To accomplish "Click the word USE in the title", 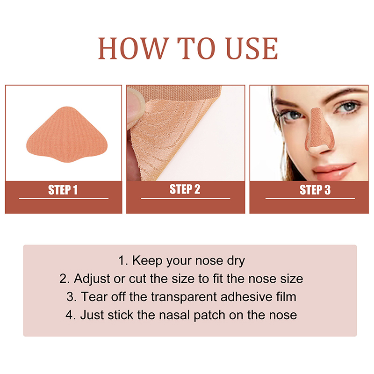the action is [252, 49].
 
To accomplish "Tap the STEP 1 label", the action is [63, 190].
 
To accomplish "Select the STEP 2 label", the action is [185, 189].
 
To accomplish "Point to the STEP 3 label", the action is [315, 190].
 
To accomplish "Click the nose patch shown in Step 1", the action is [67, 135].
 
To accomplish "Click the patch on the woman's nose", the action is [319, 130].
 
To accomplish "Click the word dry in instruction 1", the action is [236, 261].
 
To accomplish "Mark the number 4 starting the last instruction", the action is [69, 315].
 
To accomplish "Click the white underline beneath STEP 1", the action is [64, 198].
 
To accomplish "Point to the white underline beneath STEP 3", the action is [310, 198].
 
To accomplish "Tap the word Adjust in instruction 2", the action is [92, 279].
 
